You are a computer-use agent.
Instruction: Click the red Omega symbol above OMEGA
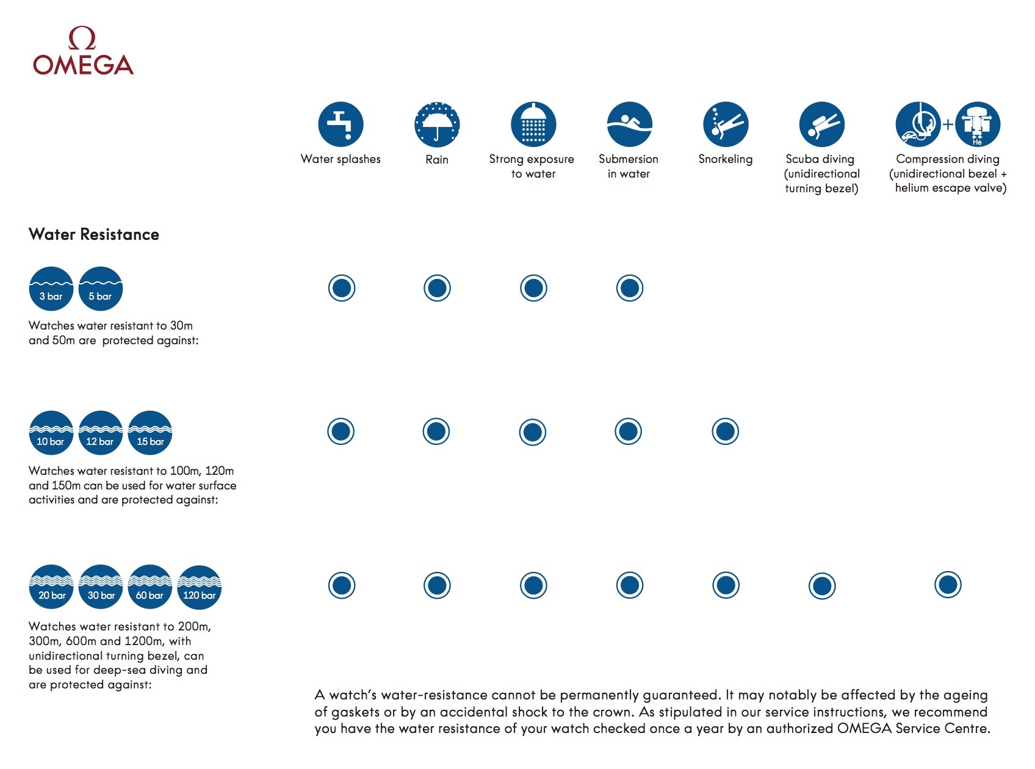pyautogui.click(x=82, y=38)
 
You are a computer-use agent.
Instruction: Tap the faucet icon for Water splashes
pyautogui.click(x=341, y=125)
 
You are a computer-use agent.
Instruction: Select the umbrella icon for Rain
pyautogui.click(x=437, y=125)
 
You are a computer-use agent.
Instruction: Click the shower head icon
pyautogui.click(x=533, y=125)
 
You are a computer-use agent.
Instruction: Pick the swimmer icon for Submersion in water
pyautogui.click(x=629, y=125)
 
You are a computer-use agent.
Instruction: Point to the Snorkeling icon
pyautogui.click(x=726, y=125)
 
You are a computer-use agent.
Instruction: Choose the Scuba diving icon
pyautogui.click(x=821, y=125)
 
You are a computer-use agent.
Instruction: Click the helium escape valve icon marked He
pyautogui.click(x=978, y=125)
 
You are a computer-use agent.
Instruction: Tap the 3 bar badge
pyautogui.click(x=51, y=289)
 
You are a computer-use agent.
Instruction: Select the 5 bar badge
pyautogui.click(x=101, y=289)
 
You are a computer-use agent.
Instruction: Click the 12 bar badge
pyautogui.click(x=101, y=433)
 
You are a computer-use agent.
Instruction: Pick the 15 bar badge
pyautogui.click(x=150, y=433)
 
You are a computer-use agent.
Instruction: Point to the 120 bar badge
pyautogui.click(x=200, y=587)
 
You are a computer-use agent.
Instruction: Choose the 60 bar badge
pyautogui.click(x=150, y=587)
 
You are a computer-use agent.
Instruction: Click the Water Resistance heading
pyautogui.click(x=94, y=234)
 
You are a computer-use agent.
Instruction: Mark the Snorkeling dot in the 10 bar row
pyautogui.click(x=726, y=431)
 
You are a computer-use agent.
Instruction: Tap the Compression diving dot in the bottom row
pyautogui.click(x=948, y=585)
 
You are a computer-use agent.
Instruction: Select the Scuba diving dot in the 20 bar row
pyautogui.click(x=822, y=586)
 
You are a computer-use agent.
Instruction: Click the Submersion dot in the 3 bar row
pyautogui.click(x=630, y=288)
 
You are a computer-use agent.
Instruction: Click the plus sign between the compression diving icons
pyautogui.click(x=948, y=125)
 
